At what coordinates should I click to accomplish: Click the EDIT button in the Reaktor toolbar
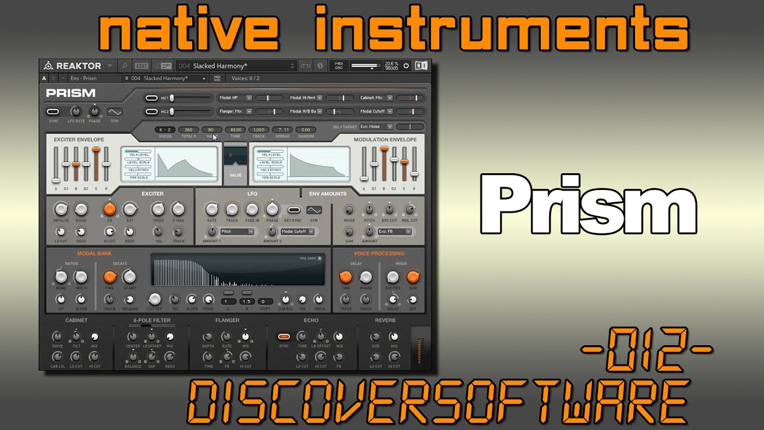click(141, 66)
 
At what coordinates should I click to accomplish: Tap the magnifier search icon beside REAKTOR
click(125, 66)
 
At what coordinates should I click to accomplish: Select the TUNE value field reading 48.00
click(236, 130)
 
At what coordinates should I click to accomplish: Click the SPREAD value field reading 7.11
click(282, 130)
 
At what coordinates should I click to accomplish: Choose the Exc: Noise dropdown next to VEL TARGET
click(376, 127)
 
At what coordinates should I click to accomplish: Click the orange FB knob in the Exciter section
click(109, 209)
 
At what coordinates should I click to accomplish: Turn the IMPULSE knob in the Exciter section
click(60, 209)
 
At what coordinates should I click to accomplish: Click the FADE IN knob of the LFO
click(252, 209)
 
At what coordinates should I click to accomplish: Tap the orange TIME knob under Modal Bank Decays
click(109, 277)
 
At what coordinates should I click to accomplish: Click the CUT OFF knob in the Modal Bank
click(155, 299)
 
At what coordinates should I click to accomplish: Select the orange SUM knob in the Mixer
click(412, 277)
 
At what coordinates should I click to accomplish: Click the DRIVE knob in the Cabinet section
click(57, 337)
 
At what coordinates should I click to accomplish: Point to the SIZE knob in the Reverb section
click(375, 337)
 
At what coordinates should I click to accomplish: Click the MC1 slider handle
click(172, 97)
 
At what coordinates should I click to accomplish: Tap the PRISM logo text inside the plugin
click(70, 93)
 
